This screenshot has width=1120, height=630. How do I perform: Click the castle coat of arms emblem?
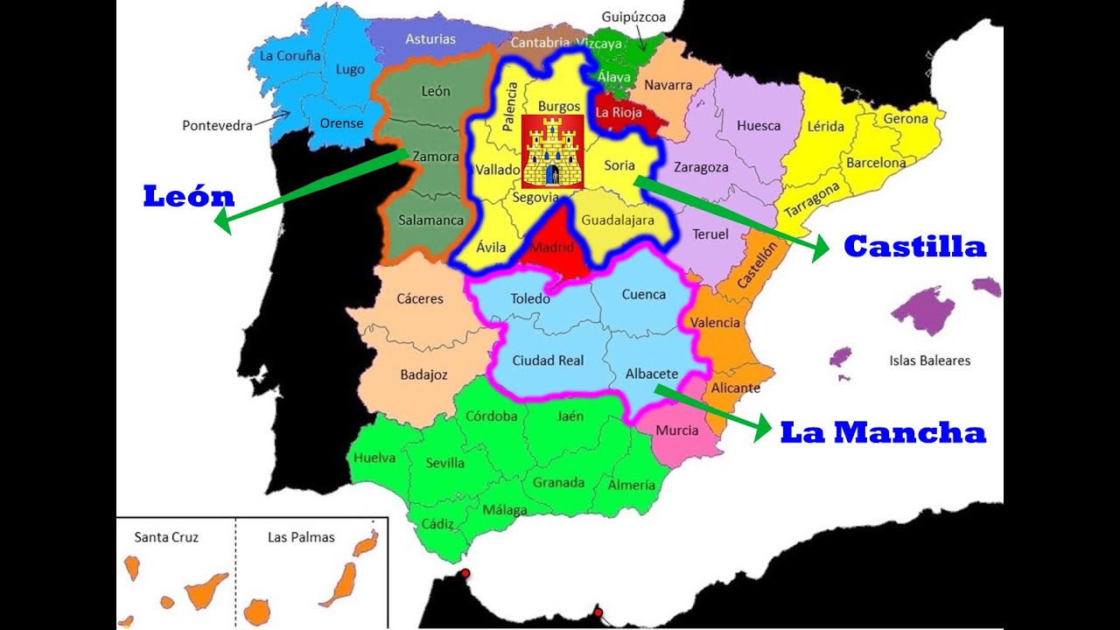point(552,150)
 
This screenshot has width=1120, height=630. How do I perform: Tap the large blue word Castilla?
point(914,247)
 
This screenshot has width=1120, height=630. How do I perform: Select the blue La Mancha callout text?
point(883,432)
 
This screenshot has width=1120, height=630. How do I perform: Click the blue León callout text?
point(188,197)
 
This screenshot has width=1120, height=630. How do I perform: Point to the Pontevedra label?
point(217,125)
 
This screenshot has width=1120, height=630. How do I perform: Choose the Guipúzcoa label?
point(634,17)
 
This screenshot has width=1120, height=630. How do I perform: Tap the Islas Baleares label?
point(929,360)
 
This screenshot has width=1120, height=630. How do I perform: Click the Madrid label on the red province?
point(552,248)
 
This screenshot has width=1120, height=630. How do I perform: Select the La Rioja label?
point(619,112)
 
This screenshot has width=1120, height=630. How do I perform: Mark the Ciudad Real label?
point(548,360)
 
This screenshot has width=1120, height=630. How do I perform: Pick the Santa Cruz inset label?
point(166,537)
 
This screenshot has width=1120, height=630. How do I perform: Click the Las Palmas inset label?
point(301,537)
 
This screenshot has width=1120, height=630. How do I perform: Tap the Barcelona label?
point(875,163)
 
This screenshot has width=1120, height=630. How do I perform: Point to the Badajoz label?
point(423,374)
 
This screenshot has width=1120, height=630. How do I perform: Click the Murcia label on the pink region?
point(676,430)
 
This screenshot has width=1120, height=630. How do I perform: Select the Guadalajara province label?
point(618,220)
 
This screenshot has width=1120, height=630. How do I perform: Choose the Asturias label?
point(430,39)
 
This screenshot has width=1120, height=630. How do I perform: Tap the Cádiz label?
point(437,524)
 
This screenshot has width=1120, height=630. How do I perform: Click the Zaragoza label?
point(702,167)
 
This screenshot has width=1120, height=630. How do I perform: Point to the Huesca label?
point(758,125)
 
